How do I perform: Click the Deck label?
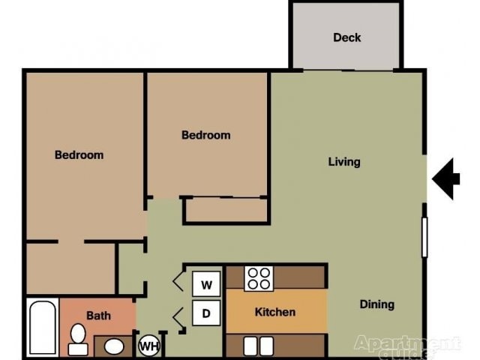[x=346, y=37]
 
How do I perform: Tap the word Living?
[x=344, y=161]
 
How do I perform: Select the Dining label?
[x=376, y=304]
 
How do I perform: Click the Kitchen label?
[x=275, y=312]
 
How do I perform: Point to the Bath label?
[x=98, y=316]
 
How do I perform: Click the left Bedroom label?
[x=79, y=155]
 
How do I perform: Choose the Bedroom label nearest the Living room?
[x=205, y=135]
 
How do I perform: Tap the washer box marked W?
[x=207, y=284]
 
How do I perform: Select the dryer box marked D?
[x=207, y=312]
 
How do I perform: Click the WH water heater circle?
[x=148, y=346]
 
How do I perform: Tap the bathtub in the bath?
[x=43, y=328]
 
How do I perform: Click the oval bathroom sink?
[x=114, y=346]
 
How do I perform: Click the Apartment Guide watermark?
[x=407, y=346]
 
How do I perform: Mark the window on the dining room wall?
[x=424, y=237]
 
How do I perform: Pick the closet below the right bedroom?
[x=226, y=210]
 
